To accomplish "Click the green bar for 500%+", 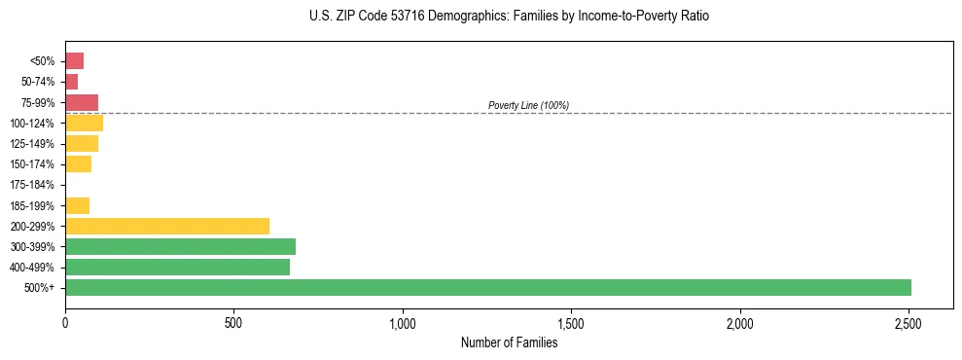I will point(487,287).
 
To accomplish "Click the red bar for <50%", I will point(74,61).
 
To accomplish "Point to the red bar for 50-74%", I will point(71,82).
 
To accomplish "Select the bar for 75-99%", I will point(82,102).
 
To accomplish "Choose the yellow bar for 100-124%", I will point(84,124).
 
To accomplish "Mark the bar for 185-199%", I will point(77,205).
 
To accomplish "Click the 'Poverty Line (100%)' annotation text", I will point(528,105).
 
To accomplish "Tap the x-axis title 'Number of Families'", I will point(509,342).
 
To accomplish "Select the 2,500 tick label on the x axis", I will point(909,322).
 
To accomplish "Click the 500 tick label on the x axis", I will point(233,322).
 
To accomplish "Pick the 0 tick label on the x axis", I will point(65,322).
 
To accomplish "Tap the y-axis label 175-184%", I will point(32,185).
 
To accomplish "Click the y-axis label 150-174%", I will point(32,164).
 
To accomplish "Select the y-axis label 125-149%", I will point(32,144).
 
